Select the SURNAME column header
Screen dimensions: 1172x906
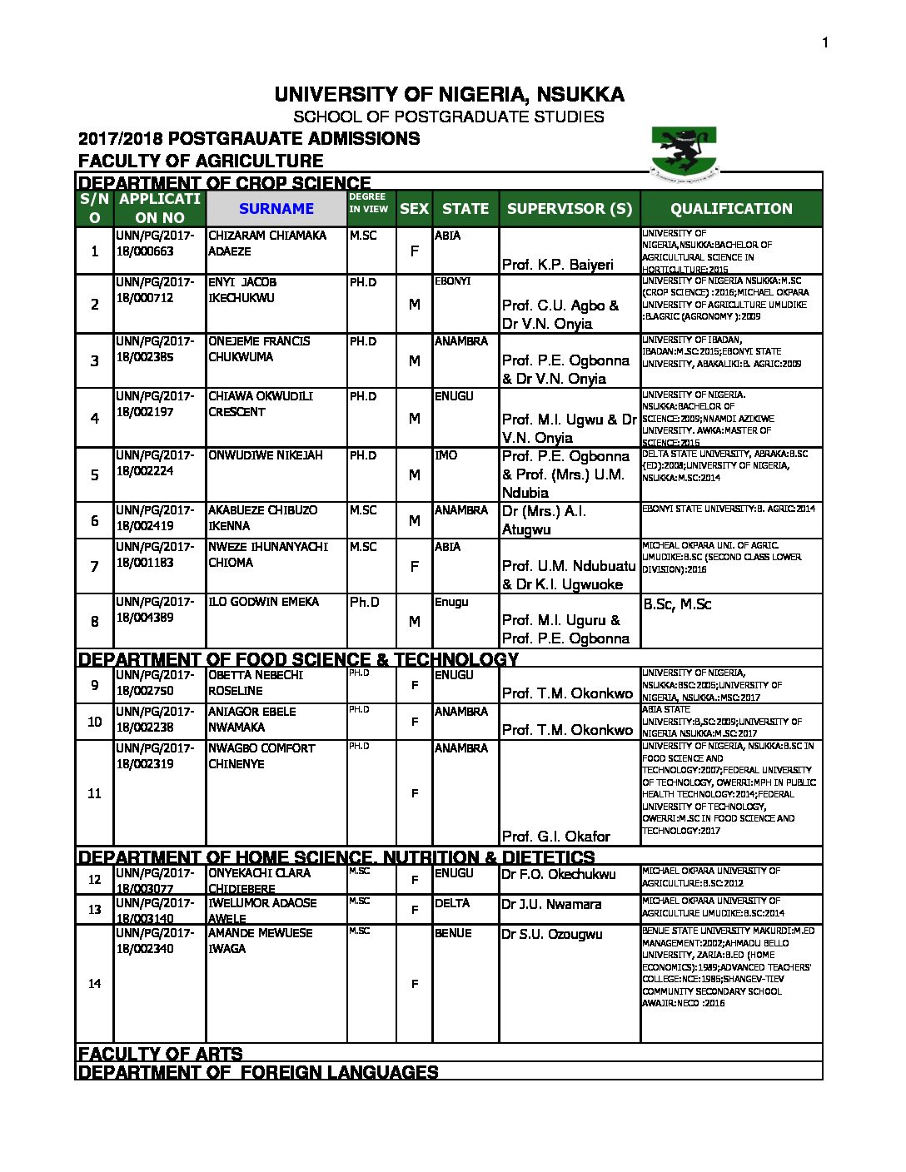tap(276, 209)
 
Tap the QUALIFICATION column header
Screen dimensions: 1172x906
tap(731, 209)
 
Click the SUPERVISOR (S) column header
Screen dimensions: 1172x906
tap(570, 209)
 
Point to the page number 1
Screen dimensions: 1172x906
tap(825, 43)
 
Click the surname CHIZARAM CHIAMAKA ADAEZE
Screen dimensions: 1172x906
tap(267, 243)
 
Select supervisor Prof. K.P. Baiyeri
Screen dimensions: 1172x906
tap(557, 265)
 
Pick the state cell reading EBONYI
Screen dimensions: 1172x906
tap(453, 281)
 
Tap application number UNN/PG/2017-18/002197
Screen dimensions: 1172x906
tap(156, 404)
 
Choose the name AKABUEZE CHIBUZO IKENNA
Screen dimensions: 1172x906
tap(262, 518)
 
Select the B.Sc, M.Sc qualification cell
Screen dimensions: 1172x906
tap(677, 604)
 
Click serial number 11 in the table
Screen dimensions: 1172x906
tap(94, 793)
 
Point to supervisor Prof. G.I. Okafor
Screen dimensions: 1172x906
tap(555, 836)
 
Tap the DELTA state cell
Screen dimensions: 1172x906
tap(452, 903)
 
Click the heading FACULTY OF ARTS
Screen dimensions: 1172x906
tap(160, 1054)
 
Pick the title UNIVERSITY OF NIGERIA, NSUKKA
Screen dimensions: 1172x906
tap(450, 95)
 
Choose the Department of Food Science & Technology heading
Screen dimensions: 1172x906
tap(298, 659)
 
